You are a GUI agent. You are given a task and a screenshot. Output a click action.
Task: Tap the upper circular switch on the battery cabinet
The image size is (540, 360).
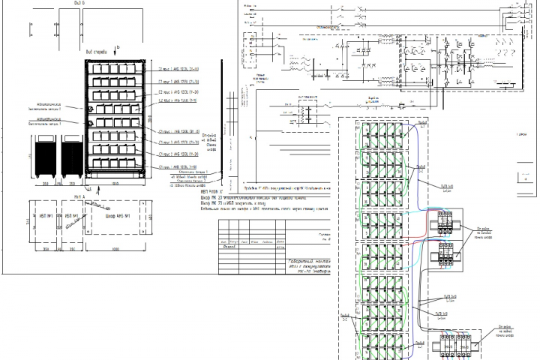(x=90, y=109)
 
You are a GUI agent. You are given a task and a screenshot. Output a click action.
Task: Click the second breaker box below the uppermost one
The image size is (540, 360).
(x=447, y=255)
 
